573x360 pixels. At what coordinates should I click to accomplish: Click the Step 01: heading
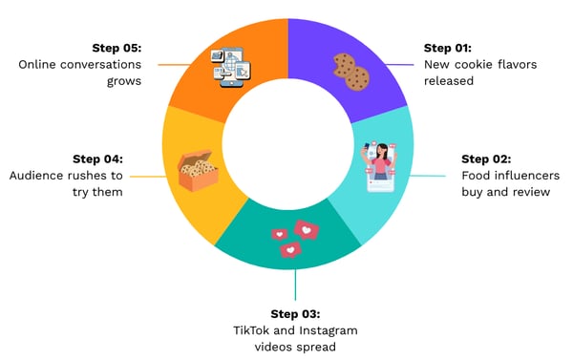click(x=449, y=47)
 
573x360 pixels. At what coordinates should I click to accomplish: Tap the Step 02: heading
click(x=486, y=159)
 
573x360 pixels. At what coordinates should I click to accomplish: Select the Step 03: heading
click(x=295, y=314)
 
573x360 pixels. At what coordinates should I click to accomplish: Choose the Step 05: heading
click(x=117, y=47)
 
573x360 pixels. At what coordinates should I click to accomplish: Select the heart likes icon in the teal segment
click(x=292, y=238)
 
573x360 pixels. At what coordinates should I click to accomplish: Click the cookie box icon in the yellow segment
click(x=198, y=171)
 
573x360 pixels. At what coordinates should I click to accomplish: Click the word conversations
click(x=96, y=64)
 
